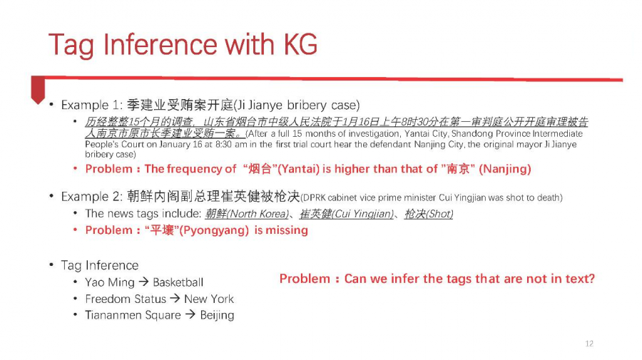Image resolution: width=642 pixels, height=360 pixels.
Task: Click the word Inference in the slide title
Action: (160, 45)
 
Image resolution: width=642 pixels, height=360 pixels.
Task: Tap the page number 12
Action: (589, 344)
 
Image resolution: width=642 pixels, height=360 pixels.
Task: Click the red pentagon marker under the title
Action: (38, 90)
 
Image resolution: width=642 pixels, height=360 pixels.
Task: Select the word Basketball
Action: (178, 282)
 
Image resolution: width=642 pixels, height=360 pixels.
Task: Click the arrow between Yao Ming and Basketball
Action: (143, 282)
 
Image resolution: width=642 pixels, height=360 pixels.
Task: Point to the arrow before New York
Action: (175, 299)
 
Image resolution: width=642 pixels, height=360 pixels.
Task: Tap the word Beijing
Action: (217, 315)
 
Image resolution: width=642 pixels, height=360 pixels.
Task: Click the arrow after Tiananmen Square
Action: (190, 314)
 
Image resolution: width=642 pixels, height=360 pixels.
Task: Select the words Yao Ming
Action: (110, 283)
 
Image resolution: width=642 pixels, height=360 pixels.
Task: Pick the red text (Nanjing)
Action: (505, 169)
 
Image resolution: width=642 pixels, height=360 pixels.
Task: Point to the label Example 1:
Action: (92, 105)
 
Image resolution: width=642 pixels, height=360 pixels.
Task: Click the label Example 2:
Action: (92, 197)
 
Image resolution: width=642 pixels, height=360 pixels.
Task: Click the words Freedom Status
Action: (126, 299)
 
